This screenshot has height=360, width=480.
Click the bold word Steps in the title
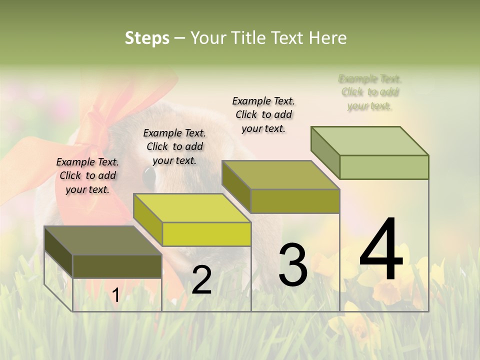pyautogui.click(x=147, y=38)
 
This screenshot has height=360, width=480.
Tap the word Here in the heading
pyautogui.click(x=328, y=38)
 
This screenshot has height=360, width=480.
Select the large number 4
pyautogui.click(x=381, y=250)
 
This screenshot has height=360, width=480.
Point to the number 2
pyautogui.click(x=201, y=280)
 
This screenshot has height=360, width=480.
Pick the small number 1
pyautogui.click(x=115, y=295)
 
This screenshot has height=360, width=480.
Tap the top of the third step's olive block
pyautogui.click(x=280, y=175)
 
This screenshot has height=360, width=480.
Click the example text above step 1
pyautogui.click(x=87, y=175)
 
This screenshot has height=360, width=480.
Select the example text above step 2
pyautogui.click(x=174, y=146)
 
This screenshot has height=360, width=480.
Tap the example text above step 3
pyautogui.click(x=263, y=114)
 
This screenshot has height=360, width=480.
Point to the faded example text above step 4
pyautogui.click(x=370, y=92)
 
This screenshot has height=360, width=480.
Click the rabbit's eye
pyautogui.click(x=149, y=176)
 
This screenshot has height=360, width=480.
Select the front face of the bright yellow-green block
pyautogui.click(x=206, y=234)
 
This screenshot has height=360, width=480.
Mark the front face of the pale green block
pyautogui.click(x=384, y=167)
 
